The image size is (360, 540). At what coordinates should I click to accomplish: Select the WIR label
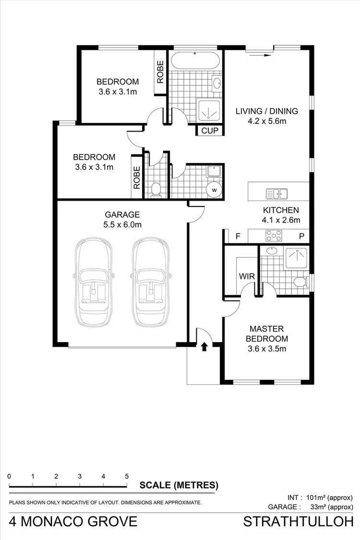[246, 276]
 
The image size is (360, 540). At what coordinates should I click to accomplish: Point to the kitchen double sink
[277, 193]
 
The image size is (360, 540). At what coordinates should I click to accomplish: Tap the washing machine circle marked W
[215, 190]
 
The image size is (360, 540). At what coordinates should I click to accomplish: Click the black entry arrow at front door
[204, 347]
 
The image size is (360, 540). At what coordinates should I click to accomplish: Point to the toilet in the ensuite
[300, 281]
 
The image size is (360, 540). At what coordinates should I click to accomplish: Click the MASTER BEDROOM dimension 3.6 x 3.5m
[267, 349]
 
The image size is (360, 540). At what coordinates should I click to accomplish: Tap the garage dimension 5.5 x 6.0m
[122, 224]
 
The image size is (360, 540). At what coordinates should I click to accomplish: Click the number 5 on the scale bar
[127, 477]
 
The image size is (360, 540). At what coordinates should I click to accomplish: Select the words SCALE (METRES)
[179, 485]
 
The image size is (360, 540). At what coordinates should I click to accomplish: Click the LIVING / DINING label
[266, 111]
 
